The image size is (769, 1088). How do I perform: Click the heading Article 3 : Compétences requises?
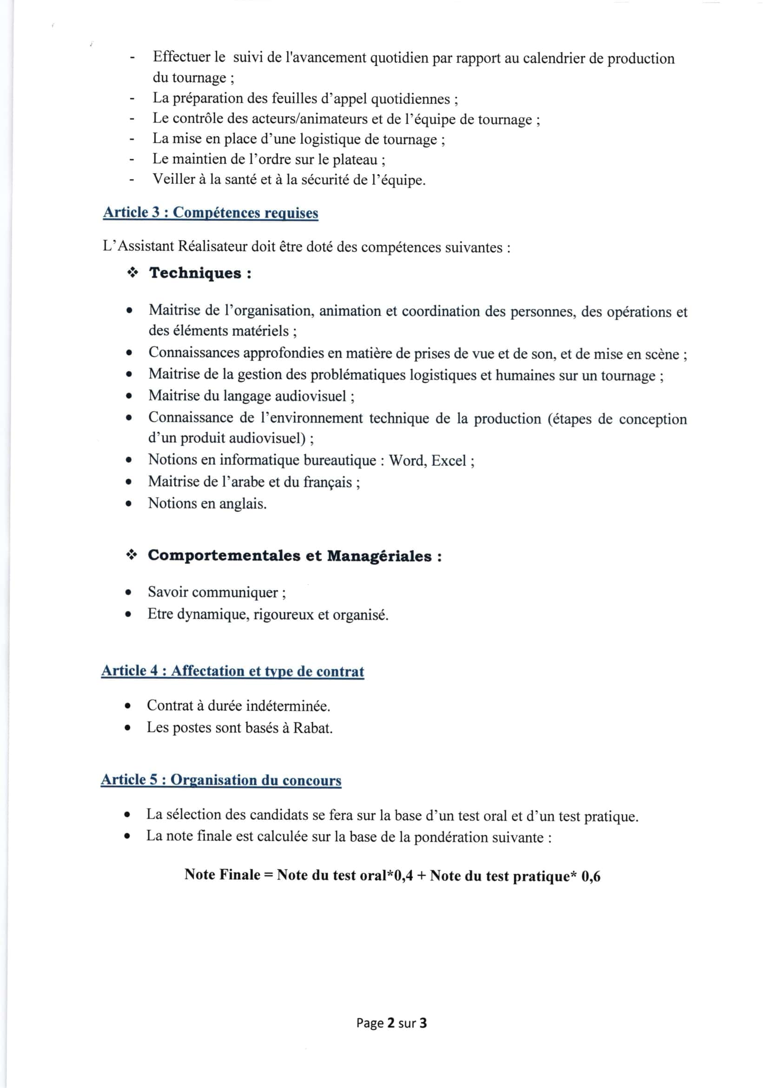(210, 212)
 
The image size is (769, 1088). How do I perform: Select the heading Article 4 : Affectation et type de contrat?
(232, 671)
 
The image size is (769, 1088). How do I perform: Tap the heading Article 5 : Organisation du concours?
(221, 780)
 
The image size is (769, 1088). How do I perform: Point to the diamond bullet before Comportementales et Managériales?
(131, 555)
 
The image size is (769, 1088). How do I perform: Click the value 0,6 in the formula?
(590, 877)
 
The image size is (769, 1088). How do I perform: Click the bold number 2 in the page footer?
(391, 1023)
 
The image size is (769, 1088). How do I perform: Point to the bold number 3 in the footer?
(423, 1023)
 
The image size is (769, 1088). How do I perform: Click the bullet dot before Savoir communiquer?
(128, 593)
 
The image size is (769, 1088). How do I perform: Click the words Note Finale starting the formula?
(222, 875)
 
